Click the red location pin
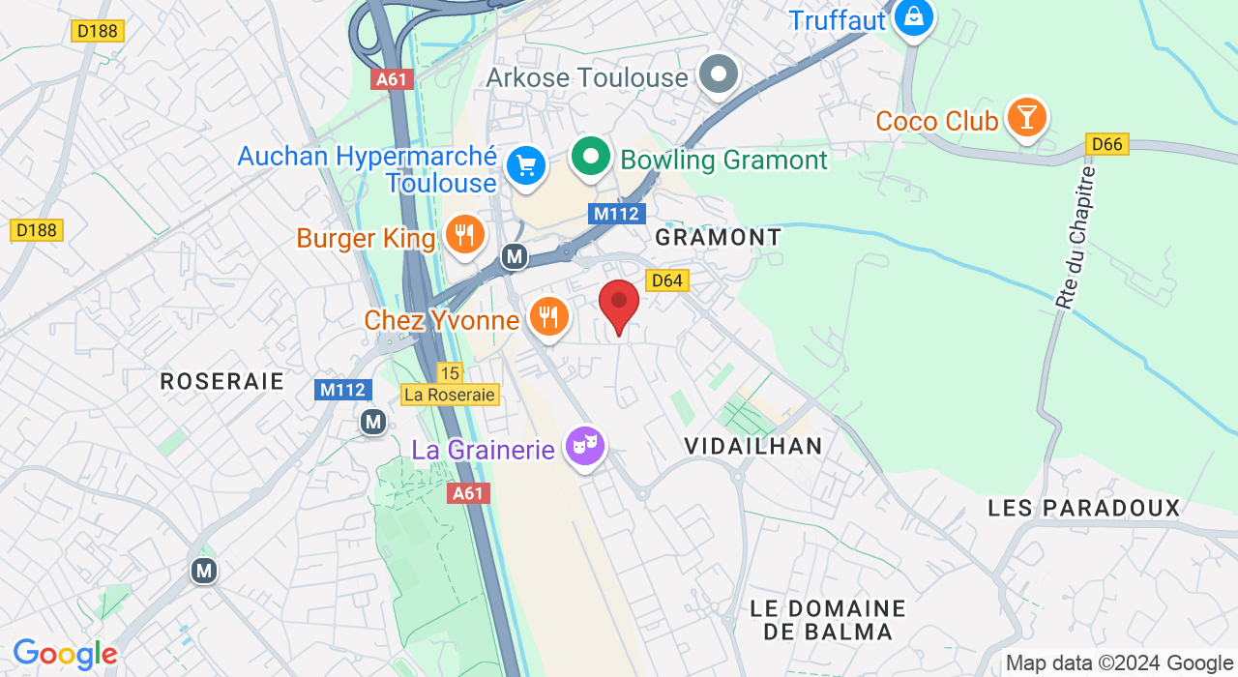pyautogui.click(x=619, y=305)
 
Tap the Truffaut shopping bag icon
pyautogui.click(x=913, y=16)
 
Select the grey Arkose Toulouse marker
pyautogui.click(x=719, y=74)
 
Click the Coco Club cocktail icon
pyautogui.click(x=1026, y=117)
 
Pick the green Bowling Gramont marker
pyautogui.click(x=590, y=156)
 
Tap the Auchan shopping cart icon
pyautogui.click(x=526, y=165)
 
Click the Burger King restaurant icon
pyautogui.click(x=465, y=234)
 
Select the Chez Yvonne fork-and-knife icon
pyautogui.click(x=548, y=315)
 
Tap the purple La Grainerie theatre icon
pyautogui.click(x=585, y=446)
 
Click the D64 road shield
pyautogui.click(x=667, y=280)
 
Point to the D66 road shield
pyautogui.click(x=1106, y=145)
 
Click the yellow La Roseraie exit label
pyautogui.click(x=450, y=395)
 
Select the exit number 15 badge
pyautogui.click(x=450, y=372)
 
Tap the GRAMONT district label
pyautogui.click(x=718, y=237)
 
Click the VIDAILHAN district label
pyautogui.click(x=752, y=446)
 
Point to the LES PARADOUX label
pyautogui.click(x=1084, y=508)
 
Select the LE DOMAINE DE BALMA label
pyautogui.click(x=827, y=620)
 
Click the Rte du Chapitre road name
pyautogui.click(x=1076, y=238)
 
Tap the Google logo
pyautogui.click(x=65, y=655)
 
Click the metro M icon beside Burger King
pyautogui.click(x=515, y=256)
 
